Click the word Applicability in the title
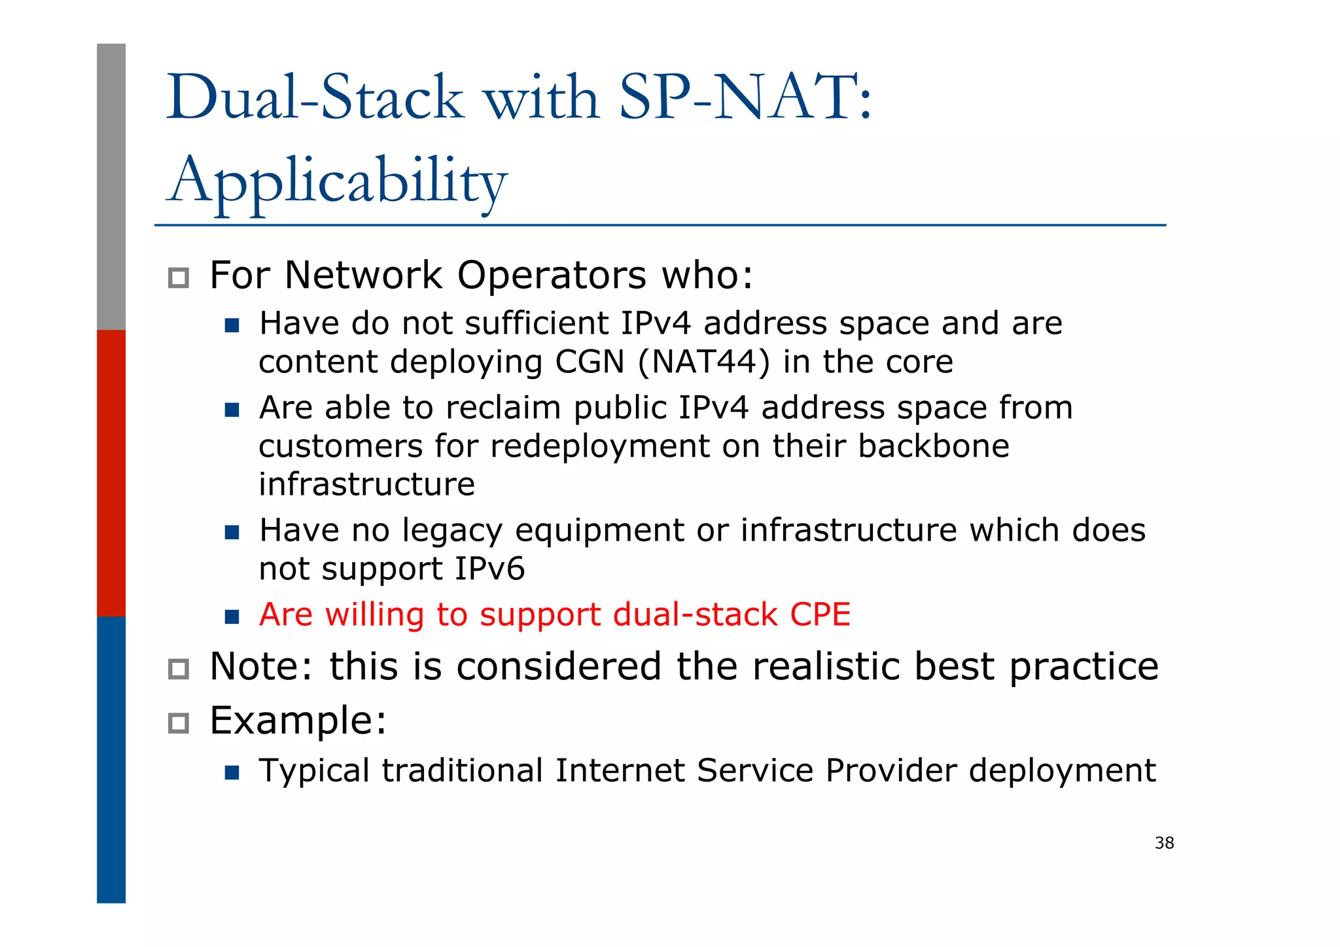[337, 180]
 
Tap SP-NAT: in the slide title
[745, 98]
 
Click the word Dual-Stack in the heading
[315, 98]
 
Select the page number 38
[1164, 843]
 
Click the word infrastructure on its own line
[366, 484]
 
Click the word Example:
[298, 721]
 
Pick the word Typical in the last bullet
[314, 770]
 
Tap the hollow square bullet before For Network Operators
[178, 278]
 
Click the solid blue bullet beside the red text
[232, 616]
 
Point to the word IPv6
[489, 568]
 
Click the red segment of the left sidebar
[111, 473]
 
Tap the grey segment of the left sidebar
[111, 187]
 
